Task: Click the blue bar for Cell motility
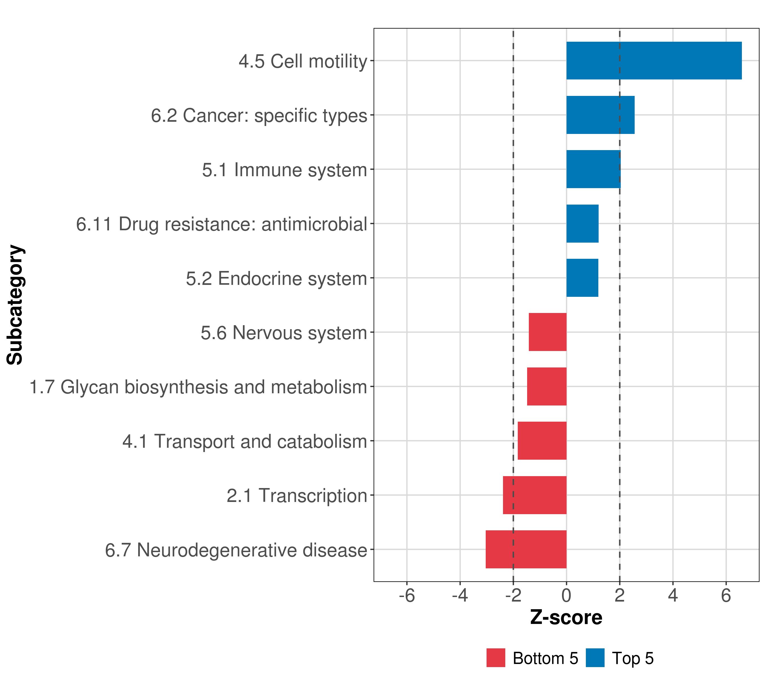point(654,61)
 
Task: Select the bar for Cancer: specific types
point(600,115)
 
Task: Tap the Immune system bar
point(593,169)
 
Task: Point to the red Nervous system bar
point(547,332)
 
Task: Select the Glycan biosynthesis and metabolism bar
point(546,386)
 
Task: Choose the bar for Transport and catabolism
point(542,441)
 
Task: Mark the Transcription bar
point(534,495)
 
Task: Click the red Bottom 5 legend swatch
point(495,658)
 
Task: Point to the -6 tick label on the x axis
point(407,596)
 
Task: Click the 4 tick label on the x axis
point(673,596)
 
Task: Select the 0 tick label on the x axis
point(566,596)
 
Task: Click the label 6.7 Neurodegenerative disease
point(236,550)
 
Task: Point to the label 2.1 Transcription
point(296,495)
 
